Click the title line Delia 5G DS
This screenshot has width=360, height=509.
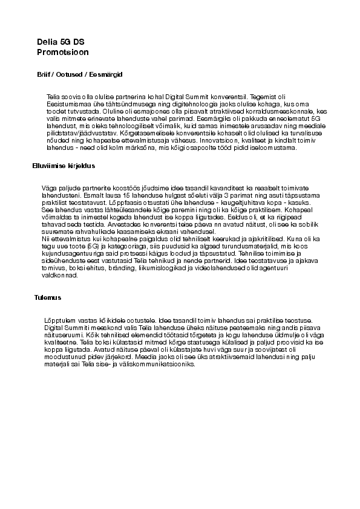click(x=61, y=42)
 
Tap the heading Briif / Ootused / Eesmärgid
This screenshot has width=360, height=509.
click(x=80, y=74)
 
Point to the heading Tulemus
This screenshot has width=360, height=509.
click(x=48, y=297)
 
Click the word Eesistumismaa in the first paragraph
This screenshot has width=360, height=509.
click(x=67, y=104)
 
